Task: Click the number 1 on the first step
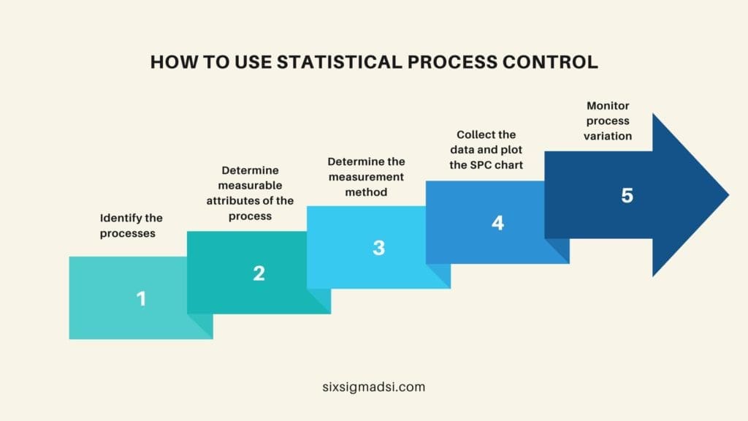click(141, 298)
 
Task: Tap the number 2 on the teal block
click(259, 273)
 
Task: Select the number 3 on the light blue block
click(378, 248)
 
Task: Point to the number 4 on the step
click(497, 222)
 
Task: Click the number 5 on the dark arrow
click(627, 196)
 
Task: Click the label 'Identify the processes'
click(131, 224)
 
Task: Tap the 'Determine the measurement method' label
click(366, 176)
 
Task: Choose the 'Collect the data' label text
click(486, 150)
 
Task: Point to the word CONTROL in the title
click(557, 62)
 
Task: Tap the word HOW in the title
click(169, 62)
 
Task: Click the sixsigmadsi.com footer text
click(373, 387)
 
